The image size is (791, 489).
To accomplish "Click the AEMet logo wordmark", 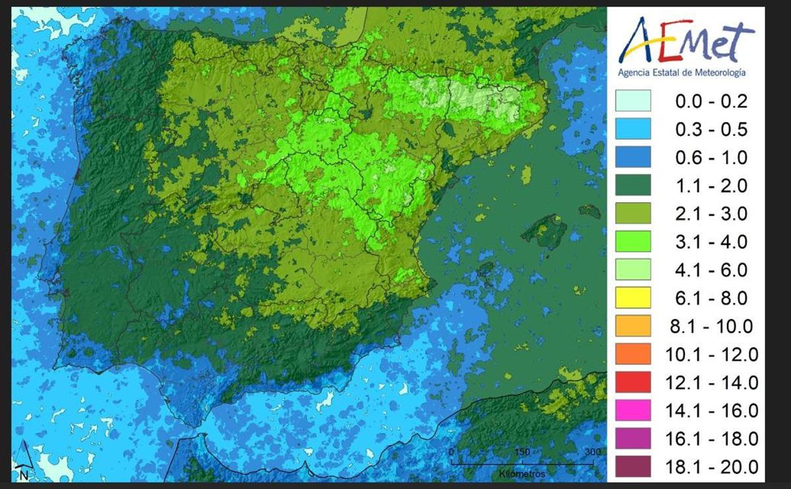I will click(686, 40).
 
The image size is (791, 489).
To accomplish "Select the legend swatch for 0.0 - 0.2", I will click(633, 101).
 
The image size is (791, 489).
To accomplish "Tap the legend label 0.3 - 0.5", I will click(712, 129).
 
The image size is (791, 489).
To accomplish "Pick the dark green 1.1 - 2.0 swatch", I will click(633, 185).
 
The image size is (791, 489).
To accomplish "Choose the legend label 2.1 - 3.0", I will click(712, 214).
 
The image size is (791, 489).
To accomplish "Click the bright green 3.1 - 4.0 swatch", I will click(633, 241).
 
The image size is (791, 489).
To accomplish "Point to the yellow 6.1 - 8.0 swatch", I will click(633, 298).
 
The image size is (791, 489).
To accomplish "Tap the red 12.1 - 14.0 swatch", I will click(633, 382).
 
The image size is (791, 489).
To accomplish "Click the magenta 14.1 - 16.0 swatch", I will click(633, 411).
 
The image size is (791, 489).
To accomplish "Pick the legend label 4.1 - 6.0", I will click(712, 270).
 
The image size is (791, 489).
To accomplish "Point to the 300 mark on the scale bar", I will click(593, 452).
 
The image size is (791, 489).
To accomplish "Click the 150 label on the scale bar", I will click(521, 452).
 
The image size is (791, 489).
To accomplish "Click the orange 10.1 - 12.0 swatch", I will click(633, 355).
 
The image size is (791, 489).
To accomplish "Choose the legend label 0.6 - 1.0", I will click(712, 158).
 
